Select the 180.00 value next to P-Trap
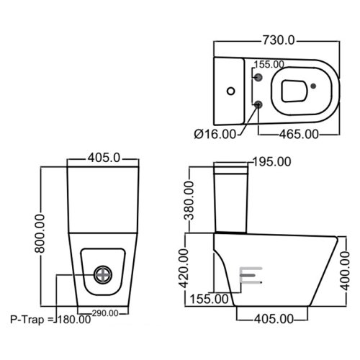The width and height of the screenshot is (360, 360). tap(74, 320)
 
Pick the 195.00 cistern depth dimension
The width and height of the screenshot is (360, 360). tap(269, 162)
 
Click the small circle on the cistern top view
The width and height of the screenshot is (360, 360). tap(230, 91)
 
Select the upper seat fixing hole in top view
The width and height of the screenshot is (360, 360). tap(258, 75)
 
